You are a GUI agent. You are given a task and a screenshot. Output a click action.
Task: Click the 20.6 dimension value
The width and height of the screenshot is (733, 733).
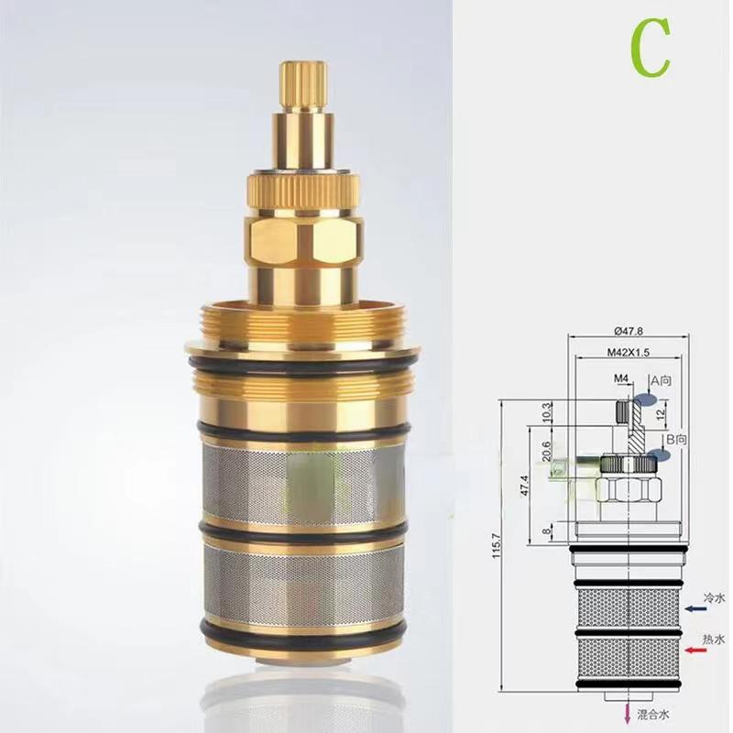pos(547,452)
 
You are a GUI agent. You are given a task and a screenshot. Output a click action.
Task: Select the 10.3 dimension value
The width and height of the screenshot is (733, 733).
pos(547,411)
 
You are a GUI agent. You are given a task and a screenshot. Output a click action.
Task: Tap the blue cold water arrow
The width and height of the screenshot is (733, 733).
pos(692,606)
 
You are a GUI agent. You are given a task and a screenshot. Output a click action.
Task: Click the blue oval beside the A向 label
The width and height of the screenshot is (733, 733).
pos(646,400)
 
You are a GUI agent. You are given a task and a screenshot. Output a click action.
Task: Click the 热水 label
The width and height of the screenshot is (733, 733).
pos(714,638)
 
